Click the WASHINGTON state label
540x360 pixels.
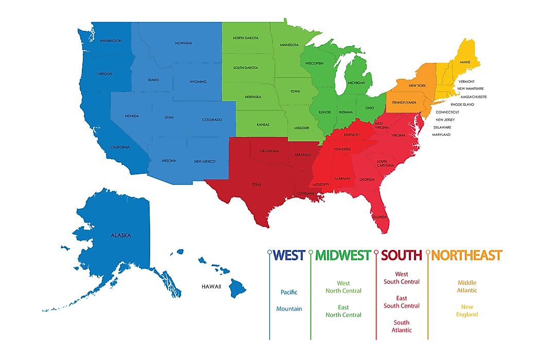pos(111,41)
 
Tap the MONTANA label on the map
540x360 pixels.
pos(183,43)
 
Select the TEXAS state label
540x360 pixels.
pos(256,184)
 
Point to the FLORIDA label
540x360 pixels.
pos(380,217)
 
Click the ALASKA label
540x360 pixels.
pos(121,236)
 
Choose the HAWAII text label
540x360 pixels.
pos(211,286)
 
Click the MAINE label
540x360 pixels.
pos(465,62)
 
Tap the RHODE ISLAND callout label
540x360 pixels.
pos(462,104)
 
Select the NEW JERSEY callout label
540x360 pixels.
pos(445,120)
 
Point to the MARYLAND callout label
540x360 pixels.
pos(442,135)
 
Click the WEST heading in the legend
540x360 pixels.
pos(290,255)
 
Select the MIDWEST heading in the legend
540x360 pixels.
pos(343,255)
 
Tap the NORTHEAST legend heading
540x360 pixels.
pos(467,255)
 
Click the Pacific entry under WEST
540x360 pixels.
pos(289,292)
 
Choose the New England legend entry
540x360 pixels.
pos(467,311)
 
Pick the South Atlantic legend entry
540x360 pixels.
pos(402,326)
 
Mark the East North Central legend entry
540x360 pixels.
pos(344,311)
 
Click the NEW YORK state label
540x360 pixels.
pos(417,85)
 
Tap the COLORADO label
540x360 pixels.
pos(212,120)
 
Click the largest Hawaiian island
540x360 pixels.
pos(238,289)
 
